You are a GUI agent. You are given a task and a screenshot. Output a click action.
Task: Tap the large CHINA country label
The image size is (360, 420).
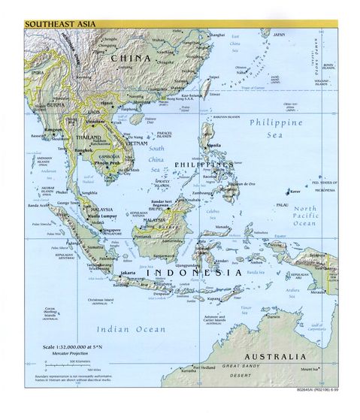click(132, 57)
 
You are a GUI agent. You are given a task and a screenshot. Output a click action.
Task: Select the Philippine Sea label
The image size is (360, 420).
click(277, 128)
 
